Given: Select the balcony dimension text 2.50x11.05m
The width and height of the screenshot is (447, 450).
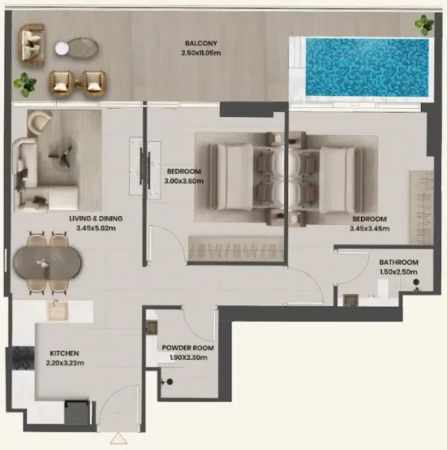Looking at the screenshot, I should pyautogui.click(x=198, y=53).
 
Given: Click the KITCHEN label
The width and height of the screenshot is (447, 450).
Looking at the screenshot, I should pyautogui.click(x=64, y=353).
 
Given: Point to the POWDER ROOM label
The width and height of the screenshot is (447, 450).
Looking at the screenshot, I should pyautogui.click(x=188, y=349).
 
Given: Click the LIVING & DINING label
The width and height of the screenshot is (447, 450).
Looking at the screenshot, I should pyautogui.click(x=95, y=219).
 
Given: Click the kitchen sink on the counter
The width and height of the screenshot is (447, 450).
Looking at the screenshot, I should pyautogui.click(x=58, y=310).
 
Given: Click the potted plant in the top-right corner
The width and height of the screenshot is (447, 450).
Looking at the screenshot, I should pyautogui.click(x=423, y=25).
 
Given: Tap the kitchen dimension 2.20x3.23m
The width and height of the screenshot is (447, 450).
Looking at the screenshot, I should pyautogui.click(x=66, y=363).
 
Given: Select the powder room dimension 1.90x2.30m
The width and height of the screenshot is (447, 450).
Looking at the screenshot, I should pyautogui.click(x=188, y=358).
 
